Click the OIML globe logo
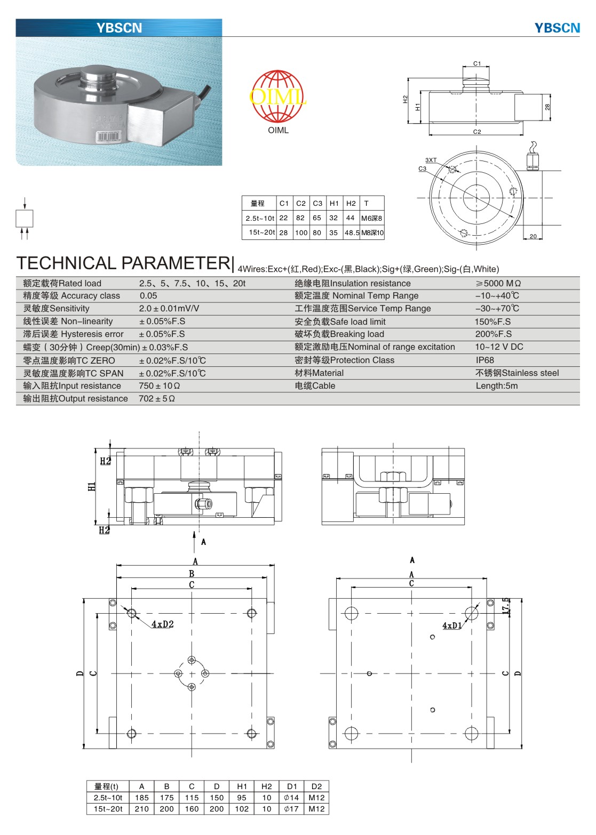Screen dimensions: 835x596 click(x=277, y=97)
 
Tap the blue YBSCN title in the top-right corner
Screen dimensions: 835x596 click(x=557, y=28)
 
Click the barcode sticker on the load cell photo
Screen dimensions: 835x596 click(x=108, y=137)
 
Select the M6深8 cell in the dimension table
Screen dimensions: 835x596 click(x=372, y=218)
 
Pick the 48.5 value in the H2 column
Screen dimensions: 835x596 click(x=352, y=233)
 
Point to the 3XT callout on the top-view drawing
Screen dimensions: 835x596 click(x=431, y=160)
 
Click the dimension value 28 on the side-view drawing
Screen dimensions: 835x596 click(x=547, y=107)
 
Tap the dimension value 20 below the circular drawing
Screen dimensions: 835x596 click(x=533, y=236)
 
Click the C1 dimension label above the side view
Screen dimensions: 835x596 click(x=477, y=63)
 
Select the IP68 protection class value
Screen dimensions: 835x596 click(x=484, y=360)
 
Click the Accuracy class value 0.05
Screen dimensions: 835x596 click(x=148, y=296)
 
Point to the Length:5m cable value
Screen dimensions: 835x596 click(x=496, y=386)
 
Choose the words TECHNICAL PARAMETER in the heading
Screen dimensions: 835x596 click(x=123, y=263)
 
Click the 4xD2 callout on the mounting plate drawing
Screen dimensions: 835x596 click(x=162, y=624)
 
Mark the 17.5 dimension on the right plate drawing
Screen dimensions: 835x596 click(x=506, y=606)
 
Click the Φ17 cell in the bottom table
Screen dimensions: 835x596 click(x=291, y=809)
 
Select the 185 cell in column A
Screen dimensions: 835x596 click(x=142, y=798)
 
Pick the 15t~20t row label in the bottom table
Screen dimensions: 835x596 click(x=108, y=809)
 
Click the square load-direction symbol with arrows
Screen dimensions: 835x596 click(x=25, y=219)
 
